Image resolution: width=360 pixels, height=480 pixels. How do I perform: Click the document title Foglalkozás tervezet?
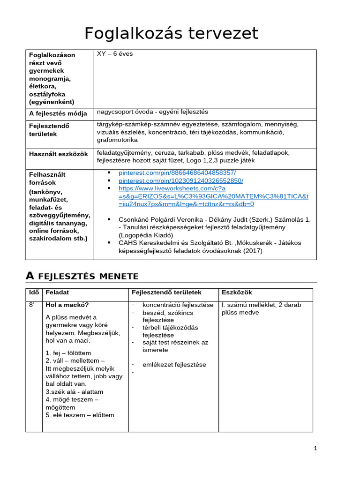pos(171,33)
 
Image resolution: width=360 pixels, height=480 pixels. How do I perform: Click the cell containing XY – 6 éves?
pos(115,54)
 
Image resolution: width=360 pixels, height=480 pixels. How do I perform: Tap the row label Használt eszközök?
pos(59,154)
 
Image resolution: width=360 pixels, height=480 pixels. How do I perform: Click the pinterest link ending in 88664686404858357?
pos(177,173)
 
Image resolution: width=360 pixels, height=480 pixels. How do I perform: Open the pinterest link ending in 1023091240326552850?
pos(181,180)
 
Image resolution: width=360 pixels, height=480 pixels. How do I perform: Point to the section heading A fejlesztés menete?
pos(82,276)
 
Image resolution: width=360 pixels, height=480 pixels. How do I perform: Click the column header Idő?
pos(34,292)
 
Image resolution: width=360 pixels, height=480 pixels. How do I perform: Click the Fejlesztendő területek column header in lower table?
pos(166,292)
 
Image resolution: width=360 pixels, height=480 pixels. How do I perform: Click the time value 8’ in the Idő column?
pos(32,305)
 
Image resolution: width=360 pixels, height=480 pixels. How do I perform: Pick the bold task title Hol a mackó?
pos(67,305)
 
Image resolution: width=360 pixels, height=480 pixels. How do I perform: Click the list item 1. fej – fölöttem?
pos(68,353)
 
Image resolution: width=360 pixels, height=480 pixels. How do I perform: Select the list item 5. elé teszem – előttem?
pos(80,415)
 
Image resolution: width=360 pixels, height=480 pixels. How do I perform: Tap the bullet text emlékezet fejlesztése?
pos(174,365)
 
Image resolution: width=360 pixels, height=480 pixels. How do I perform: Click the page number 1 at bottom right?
pos(315,448)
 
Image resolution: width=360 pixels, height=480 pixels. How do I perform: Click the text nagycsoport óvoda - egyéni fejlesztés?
pos(152,112)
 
